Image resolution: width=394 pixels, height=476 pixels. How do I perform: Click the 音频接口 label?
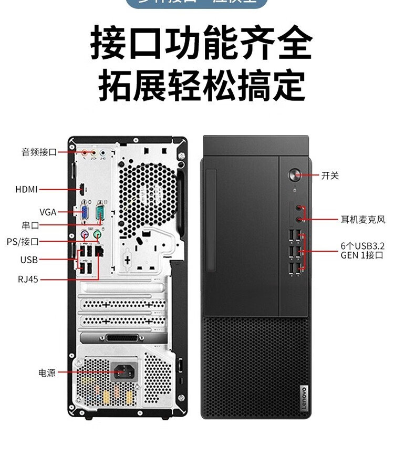click(38, 152)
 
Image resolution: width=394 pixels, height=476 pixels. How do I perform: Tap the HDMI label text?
click(26, 189)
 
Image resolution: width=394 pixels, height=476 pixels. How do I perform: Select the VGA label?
click(47, 212)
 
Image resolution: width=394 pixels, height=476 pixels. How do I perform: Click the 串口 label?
click(30, 225)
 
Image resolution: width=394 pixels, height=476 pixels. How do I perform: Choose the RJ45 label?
click(28, 280)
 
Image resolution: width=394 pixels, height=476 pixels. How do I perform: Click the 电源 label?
click(46, 373)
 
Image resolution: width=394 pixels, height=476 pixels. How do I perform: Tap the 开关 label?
click(330, 175)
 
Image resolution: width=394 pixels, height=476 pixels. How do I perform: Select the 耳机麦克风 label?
click(362, 220)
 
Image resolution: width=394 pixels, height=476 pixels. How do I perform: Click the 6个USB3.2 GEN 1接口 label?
click(362, 250)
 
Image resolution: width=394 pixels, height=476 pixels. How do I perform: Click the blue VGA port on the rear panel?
click(84, 213)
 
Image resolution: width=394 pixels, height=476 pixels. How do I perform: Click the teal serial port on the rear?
click(101, 213)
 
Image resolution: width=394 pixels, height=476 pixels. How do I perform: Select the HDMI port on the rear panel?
click(82, 189)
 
